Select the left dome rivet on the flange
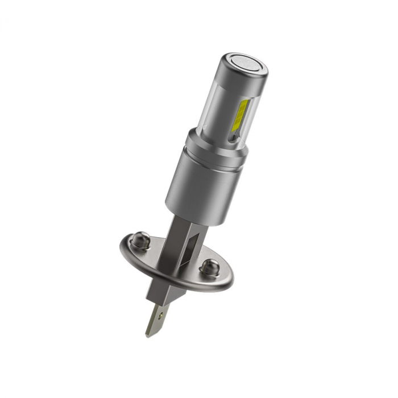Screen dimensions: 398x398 140,239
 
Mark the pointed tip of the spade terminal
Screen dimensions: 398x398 148,335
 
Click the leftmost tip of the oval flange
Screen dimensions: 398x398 120,243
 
